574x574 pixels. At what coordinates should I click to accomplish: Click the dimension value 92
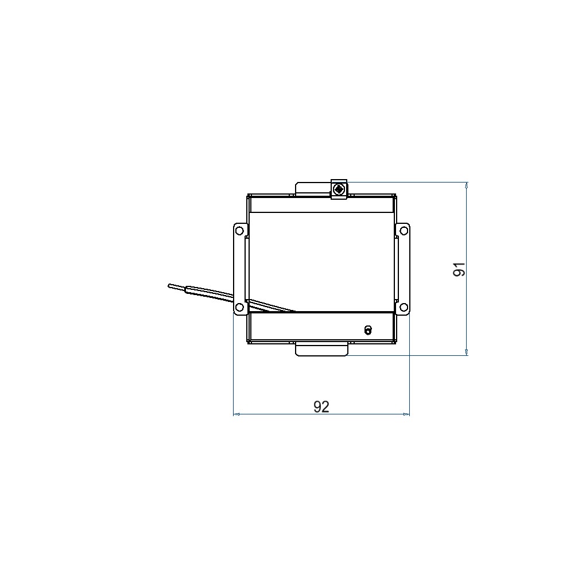(x=321, y=407)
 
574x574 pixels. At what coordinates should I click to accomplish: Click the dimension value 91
(x=459, y=269)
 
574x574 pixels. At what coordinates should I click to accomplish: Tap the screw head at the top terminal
(x=339, y=189)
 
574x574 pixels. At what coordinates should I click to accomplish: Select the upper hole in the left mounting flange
(x=239, y=231)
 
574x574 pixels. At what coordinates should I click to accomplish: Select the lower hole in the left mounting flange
(x=239, y=307)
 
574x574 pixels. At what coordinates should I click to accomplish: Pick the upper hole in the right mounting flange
(x=404, y=231)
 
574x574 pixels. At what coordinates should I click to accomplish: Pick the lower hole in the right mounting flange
(x=404, y=307)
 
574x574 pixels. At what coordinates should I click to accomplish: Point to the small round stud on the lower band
(x=368, y=330)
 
